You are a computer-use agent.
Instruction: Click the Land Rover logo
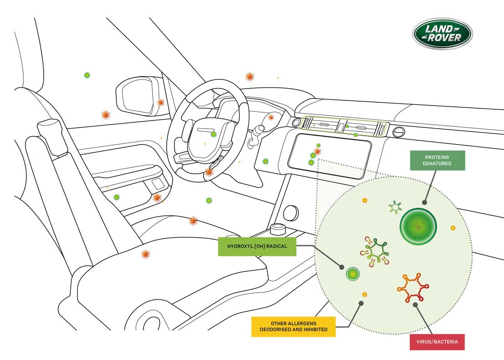tap(442, 34)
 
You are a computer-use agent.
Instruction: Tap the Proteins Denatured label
tap(437, 160)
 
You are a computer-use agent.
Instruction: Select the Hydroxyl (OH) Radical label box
tap(257, 246)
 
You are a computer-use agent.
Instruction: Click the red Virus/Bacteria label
tap(437, 342)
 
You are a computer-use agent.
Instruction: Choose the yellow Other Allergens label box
tap(294, 326)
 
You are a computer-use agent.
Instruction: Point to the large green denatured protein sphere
tap(418, 226)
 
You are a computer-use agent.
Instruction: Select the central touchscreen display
tap(329, 155)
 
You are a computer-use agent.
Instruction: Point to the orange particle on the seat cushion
tap(145, 254)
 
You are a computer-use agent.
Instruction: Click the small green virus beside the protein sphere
tap(395, 207)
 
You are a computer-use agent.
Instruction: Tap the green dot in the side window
tap(87, 75)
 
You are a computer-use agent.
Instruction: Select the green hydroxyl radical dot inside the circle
tap(353, 274)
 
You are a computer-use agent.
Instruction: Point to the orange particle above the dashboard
tap(250, 77)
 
